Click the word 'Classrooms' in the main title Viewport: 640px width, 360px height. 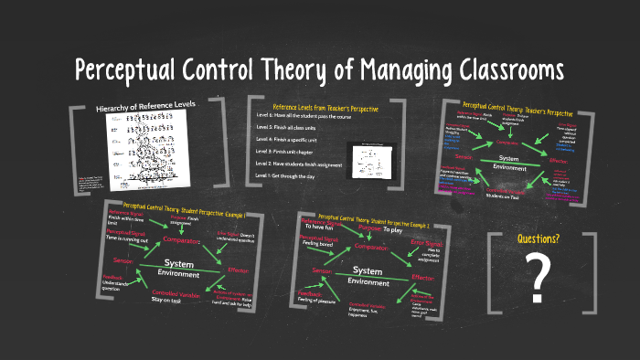pos(491,70)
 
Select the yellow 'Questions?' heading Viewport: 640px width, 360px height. pos(539,239)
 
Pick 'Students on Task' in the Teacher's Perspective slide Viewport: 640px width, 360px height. pos(504,195)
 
